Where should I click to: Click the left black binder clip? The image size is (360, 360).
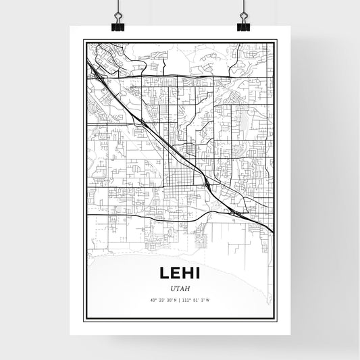point(118,26)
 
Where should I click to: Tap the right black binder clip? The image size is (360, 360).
point(242,26)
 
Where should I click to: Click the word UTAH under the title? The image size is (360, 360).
point(180,288)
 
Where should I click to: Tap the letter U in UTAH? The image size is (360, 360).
point(174,288)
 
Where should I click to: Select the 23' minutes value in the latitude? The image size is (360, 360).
point(161,301)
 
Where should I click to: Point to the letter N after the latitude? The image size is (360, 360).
point(176,301)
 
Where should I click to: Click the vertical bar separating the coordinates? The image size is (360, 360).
point(180,301)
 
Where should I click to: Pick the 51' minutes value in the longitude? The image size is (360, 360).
point(195,301)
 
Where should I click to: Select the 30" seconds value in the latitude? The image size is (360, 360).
point(168,301)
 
